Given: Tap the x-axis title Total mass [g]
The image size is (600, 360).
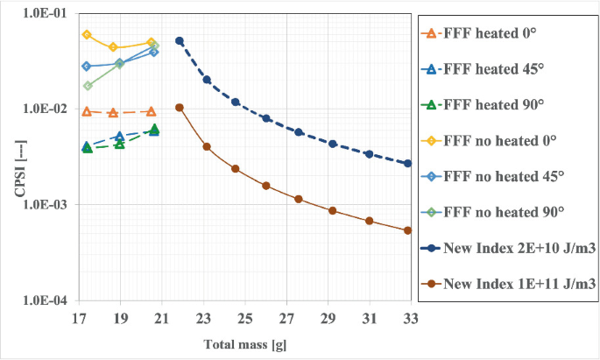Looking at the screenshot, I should [244, 344].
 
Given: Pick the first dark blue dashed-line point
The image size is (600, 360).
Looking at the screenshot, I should [180, 40].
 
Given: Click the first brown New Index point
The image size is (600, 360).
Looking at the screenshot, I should [180, 108].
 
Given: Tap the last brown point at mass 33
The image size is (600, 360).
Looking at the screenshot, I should [408, 230].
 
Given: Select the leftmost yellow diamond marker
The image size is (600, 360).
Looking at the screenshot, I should [87, 35].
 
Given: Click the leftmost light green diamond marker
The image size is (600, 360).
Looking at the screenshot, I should [87, 86].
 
